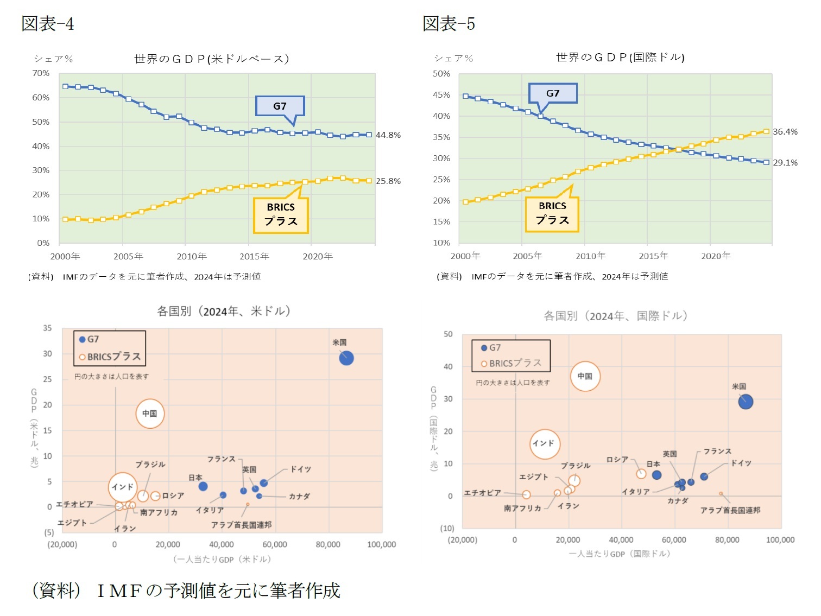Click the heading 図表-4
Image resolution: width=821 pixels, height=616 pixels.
pyautogui.click(x=48, y=24)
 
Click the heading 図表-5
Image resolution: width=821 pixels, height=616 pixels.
pyautogui.click(x=449, y=24)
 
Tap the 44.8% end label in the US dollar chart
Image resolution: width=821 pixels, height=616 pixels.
pyautogui.click(x=389, y=135)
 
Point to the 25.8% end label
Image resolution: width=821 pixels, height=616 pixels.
pyautogui.click(x=389, y=181)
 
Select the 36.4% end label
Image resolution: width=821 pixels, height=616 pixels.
pyautogui.click(x=785, y=132)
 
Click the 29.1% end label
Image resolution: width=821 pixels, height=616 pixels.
pyautogui.click(x=785, y=163)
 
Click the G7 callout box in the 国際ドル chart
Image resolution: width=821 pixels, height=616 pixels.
pyautogui.click(x=553, y=93)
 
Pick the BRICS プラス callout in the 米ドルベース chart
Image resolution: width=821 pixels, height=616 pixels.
pyautogui.click(x=281, y=215)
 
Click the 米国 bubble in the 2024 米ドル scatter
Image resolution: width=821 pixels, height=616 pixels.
pyautogui.click(x=346, y=358)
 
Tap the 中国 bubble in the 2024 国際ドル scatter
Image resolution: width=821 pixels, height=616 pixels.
pyautogui.click(x=585, y=376)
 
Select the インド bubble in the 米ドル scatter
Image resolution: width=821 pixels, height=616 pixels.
pyautogui.click(x=123, y=487)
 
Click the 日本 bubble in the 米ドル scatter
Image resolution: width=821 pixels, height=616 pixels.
pyautogui.click(x=203, y=486)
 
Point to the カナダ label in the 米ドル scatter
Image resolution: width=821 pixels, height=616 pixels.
pyautogui.click(x=299, y=497)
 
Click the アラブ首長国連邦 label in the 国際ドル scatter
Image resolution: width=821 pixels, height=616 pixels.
pyautogui.click(x=730, y=510)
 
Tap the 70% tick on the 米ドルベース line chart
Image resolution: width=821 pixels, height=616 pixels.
pyautogui.click(x=41, y=73)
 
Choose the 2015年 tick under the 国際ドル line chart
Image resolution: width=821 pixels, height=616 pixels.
pyautogui.click(x=653, y=256)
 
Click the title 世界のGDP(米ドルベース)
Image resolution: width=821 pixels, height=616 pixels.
pyautogui.click(x=211, y=59)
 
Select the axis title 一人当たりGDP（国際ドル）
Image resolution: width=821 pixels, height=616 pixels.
pyautogui.click(x=620, y=554)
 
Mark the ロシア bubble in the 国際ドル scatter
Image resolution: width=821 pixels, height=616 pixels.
pyautogui.click(x=641, y=474)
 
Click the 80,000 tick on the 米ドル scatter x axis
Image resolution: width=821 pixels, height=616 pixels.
pyautogui.click(x=328, y=544)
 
